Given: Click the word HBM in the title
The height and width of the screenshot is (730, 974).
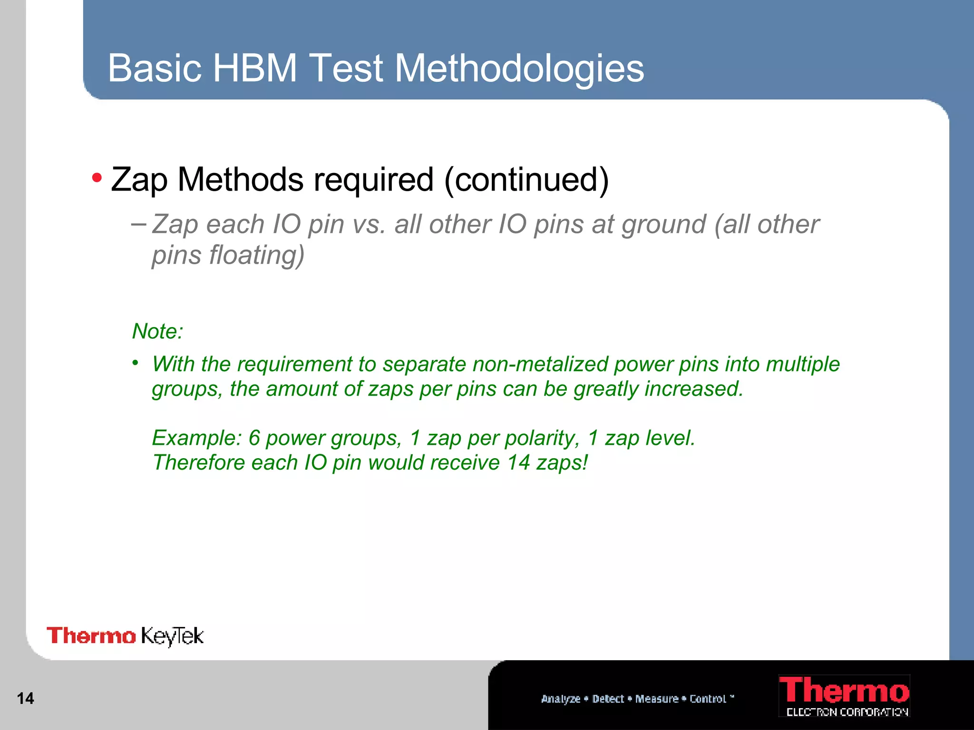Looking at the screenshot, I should pos(255,68).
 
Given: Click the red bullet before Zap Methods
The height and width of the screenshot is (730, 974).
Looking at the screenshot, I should pos(97,178).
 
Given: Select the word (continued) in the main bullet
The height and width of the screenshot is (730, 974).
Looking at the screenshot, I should pos(526,180).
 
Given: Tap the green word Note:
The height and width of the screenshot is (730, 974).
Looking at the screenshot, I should pos(157,331).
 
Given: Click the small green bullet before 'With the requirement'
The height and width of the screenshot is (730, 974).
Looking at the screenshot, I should pos(136,363).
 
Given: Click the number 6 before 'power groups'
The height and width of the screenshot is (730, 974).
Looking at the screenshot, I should pos(254,438).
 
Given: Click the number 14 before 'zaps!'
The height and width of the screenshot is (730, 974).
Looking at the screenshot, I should pos(518,462).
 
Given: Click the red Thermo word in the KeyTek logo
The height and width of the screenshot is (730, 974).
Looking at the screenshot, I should pos(91,636).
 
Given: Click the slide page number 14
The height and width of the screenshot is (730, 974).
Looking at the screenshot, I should pos(25,698).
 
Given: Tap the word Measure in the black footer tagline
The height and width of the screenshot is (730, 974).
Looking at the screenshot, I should pos(657,699).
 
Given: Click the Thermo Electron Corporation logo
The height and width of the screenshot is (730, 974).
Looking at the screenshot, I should pos(844,695).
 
